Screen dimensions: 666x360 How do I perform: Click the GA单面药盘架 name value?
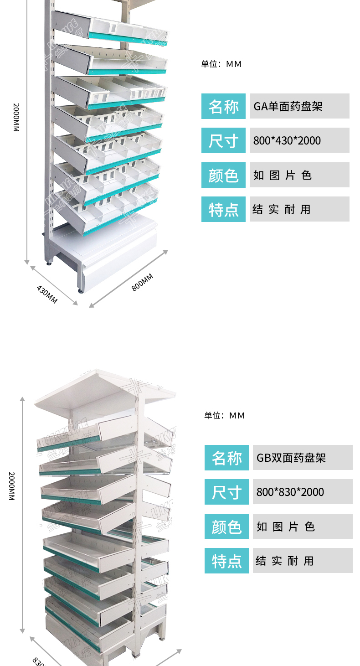pyautogui.click(x=288, y=106)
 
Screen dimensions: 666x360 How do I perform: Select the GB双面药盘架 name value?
pyautogui.click(x=291, y=458)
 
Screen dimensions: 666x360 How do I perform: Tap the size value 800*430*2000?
pyautogui.click(x=287, y=140)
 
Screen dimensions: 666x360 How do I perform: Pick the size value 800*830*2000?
pyautogui.click(x=290, y=492)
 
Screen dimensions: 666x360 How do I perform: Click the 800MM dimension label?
pyautogui.click(x=142, y=282)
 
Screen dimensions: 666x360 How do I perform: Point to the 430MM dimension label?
pyautogui.click(x=47, y=294)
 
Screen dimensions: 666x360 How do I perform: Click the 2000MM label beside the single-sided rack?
pyautogui.click(x=16, y=118)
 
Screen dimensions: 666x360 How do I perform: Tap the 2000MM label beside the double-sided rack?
pyautogui.click(x=12, y=486)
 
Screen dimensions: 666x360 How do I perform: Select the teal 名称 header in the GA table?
pyautogui.click(x=223, y=106)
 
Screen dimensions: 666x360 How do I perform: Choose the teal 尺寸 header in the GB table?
pyautogui.click(x=226, y=492)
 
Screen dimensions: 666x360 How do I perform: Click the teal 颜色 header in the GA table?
pyautogui.click(x=223, y=175)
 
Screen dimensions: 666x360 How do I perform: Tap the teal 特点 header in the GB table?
pyautogui.click(x=226, y=561)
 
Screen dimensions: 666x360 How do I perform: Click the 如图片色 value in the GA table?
pyautogui.click(x=283, y=175)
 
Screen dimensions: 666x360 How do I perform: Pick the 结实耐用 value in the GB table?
pyautogui.click(x=285, y=561)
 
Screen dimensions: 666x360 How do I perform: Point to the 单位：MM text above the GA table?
pyautogui.click(x=221, y=64)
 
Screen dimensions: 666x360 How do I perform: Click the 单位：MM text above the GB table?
pyautogui.click(x=225, y=415)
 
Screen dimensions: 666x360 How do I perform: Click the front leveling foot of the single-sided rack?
pyautogui.click(x=81, y=290)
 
